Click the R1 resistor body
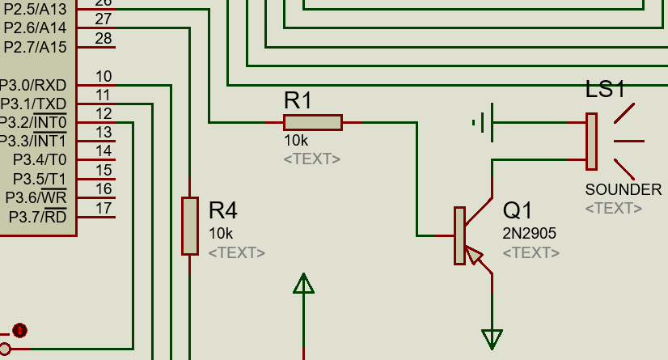click(x=313, y=122)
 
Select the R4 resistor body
click(x=189, y=226)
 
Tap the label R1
click(x=298, y=101)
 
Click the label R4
click(x=223, y=211)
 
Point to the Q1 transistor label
click(x=518, y=211)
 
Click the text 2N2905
click(x=530, y=233)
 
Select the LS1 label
click(x=606, y=90)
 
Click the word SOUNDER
click(x=624, y=190)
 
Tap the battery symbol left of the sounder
click(x=483, y=123)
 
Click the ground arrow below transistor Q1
click(x=492, y=338)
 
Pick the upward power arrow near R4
click(x=303, y=284)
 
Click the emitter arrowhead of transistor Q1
click(x=475, y=258)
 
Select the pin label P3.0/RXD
click(x=33, y=85)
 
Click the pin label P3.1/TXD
click(x=33, y=104)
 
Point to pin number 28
click(x=104, y=38)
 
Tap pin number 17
click(x=104, y=208)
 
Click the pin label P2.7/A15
click(x=35, y=47)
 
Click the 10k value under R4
click(x=221, y=233)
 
